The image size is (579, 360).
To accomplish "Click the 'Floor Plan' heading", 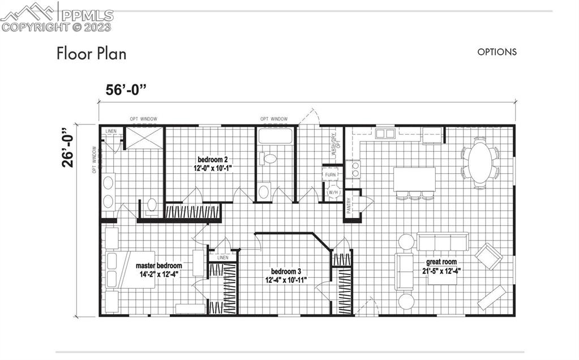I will (x=91, y=54).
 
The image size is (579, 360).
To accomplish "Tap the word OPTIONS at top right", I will (x=497, y=52).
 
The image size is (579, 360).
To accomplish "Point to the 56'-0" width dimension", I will (x=126, y=90).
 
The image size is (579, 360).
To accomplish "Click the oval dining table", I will (x=480, y=162).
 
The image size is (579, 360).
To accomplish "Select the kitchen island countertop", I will (x=414, y=179).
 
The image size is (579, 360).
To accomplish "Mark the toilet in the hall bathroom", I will (x=271, y=157).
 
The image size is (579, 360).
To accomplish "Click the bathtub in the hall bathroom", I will (x=275, y=136).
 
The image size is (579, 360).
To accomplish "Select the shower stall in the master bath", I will (x=144, y=138).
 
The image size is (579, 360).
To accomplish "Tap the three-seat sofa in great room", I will (x=442, y=241).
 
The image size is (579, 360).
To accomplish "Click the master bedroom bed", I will (x=129, y=269).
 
